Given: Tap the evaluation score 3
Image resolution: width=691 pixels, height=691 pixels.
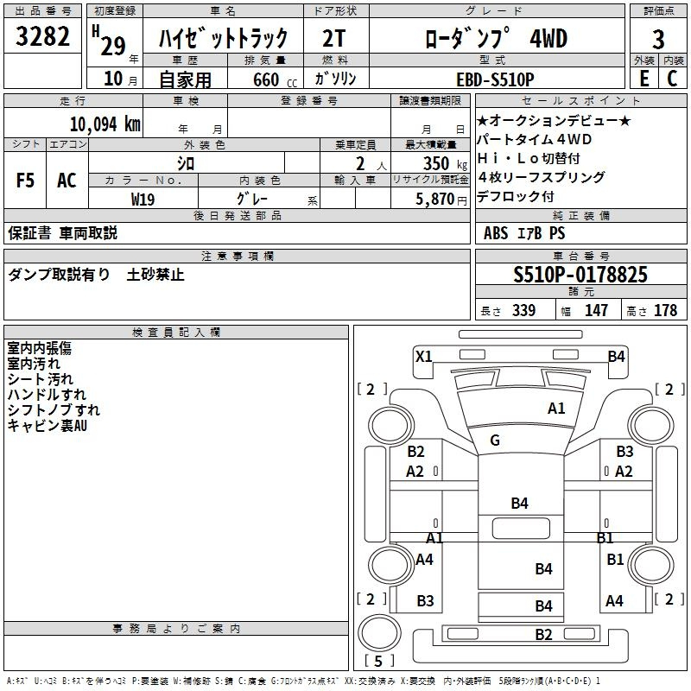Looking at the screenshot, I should pos(658,39).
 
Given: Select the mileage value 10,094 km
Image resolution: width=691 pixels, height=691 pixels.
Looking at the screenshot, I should pos(105,124).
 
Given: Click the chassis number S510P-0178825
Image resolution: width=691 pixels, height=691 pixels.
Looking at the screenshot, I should pos(580,276).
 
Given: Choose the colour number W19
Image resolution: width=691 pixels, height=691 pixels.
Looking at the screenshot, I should pos(143,198).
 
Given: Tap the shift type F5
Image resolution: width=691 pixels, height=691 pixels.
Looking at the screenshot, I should pos(25,181).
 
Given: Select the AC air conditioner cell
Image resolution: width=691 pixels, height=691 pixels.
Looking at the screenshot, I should pos(67,181).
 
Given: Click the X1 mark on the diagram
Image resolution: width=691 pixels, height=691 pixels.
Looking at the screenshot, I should pos(423,356).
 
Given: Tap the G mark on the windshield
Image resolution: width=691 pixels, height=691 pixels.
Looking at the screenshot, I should pos(495,441).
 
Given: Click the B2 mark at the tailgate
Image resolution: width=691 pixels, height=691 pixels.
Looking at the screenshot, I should pos(543,635).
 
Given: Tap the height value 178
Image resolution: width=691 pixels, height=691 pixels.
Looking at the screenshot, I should pos(665,310).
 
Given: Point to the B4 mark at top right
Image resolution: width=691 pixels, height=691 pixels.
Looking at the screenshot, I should pos(616,356).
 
